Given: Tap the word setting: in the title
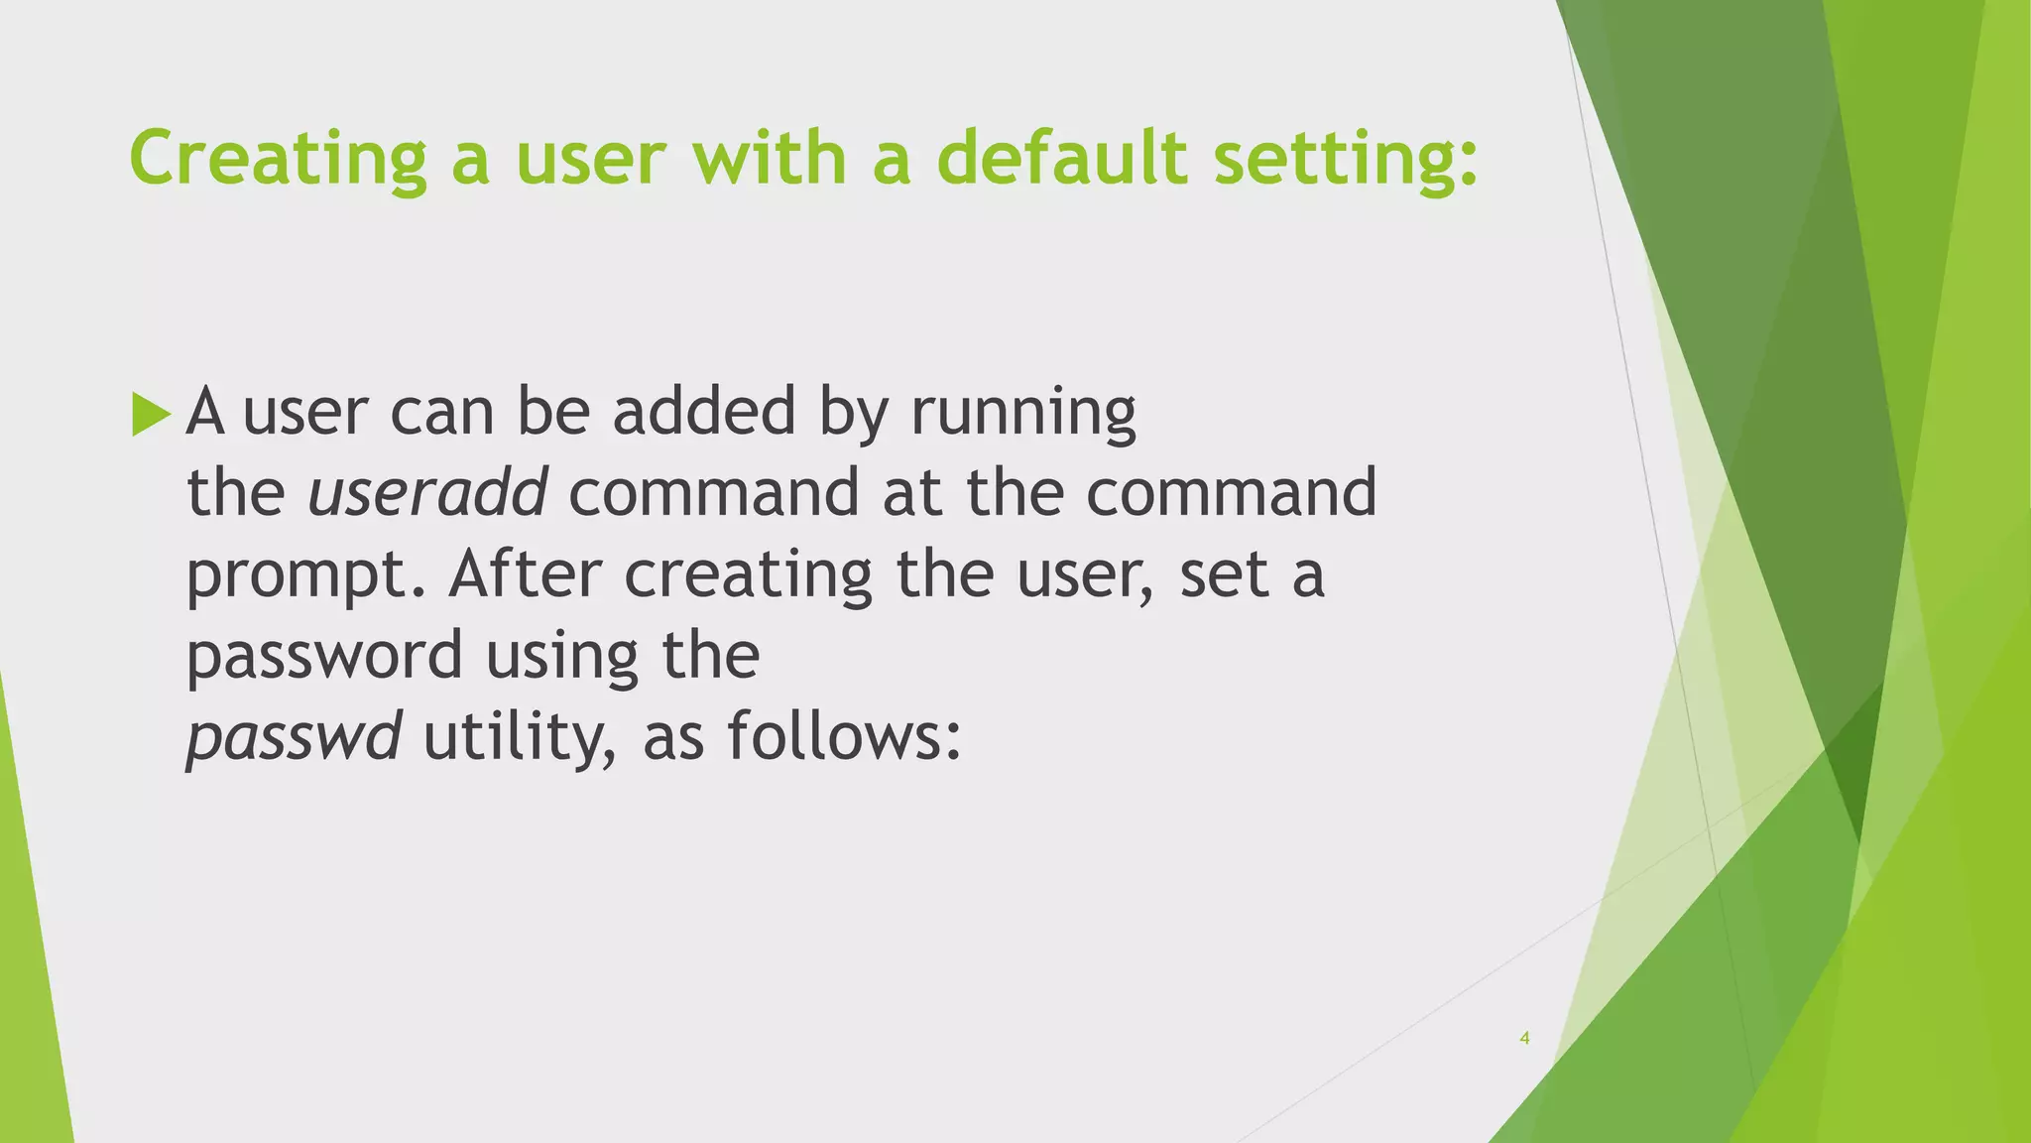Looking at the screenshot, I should coord(1347,159).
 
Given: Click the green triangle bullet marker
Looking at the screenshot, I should coord(151,414).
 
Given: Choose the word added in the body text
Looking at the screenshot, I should coord(704,411).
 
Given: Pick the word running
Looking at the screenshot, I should coord(1022,413).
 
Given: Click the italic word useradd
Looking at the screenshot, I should coord(427,492).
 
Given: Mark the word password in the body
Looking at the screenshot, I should coord(324,657).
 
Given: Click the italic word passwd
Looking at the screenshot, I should coord(294,738).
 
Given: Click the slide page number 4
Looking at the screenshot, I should coord(1524,1039).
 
